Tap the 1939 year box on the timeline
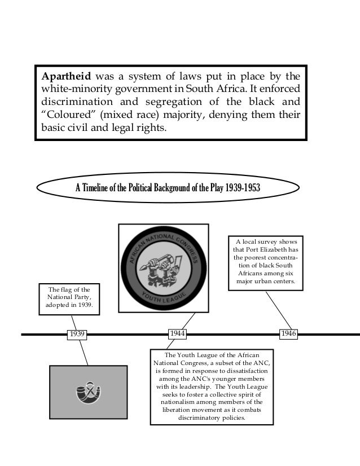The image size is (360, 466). point(77,334)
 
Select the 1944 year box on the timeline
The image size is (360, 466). point(177,334)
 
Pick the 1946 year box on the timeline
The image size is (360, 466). point(289,334)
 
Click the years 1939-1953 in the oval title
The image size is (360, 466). point(242,188)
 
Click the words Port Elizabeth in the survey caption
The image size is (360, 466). point(265,249)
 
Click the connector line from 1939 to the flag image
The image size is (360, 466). point(84,353)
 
